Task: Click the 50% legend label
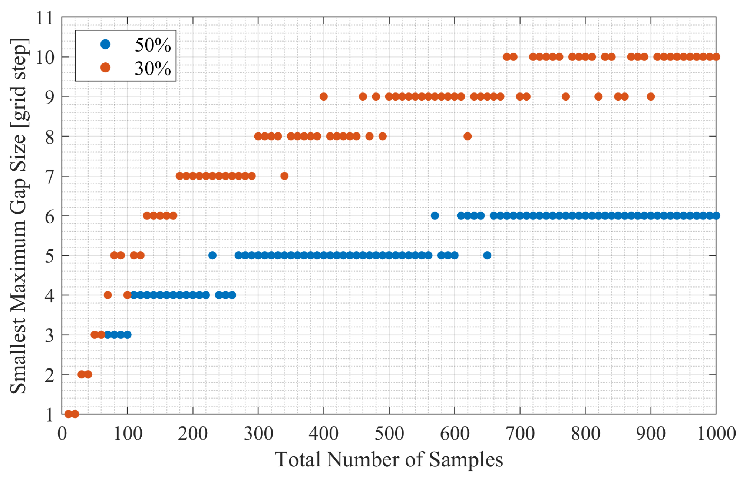[x=152, y=45]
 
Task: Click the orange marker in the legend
[x=105, y=67]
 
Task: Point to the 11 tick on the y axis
[x=45, y=18]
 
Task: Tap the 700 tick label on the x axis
[x=520, y=433]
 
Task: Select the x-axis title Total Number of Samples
[x=389, y=459]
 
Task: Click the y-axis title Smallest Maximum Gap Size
[x=19, y=215]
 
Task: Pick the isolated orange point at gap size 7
[x=284, y=176]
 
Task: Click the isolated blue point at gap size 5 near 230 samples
[x=212, y=255]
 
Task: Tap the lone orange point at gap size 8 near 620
[x=468, y=136]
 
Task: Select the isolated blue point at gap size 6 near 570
[x=435, y=216]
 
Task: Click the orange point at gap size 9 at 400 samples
[x=324, y=96]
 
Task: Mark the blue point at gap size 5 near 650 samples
[x=487, y=255]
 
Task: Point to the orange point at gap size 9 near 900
[x=651, y=96]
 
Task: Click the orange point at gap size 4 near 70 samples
[x=108, y=295]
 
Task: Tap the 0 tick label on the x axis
[x=62, y=433]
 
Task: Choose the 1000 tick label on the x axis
[x=716, y=433]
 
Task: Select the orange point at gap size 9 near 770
[x=566, y=96]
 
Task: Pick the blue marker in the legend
[x=105, y=44]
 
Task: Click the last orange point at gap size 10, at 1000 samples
[x=716, y=57]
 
